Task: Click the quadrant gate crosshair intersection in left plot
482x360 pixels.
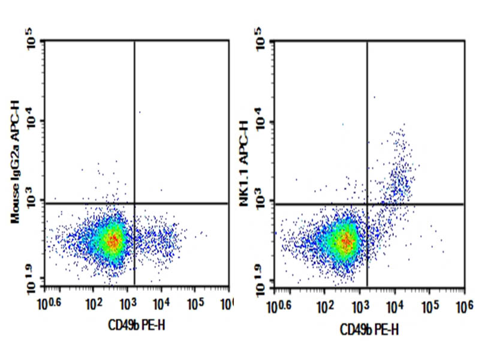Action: pyautogui.click(x=134, y=203)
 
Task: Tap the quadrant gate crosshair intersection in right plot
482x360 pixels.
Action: pyautogui.click(x=366, y=204)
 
